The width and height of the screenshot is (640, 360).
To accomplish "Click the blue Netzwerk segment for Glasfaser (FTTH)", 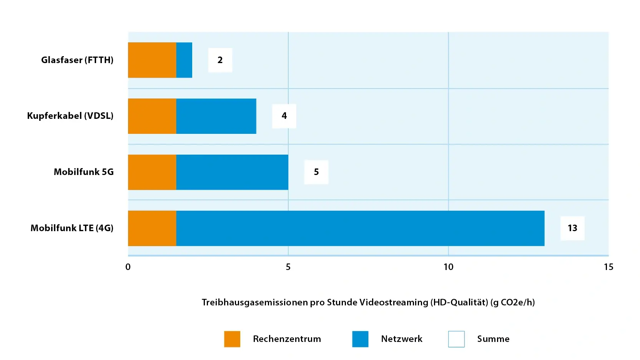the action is (184, 60).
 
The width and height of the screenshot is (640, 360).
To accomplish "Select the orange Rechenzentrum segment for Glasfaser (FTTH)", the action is (152, 60).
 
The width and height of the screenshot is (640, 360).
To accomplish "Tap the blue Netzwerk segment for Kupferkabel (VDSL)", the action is (216, 116).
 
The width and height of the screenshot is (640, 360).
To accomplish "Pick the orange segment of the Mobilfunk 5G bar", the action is (152, 172).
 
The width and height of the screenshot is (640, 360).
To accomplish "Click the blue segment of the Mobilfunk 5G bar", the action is (232, 172).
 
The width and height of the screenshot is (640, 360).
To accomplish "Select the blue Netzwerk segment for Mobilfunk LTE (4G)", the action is (360, 228).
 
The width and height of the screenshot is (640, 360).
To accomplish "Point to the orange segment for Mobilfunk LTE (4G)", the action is (152, 228).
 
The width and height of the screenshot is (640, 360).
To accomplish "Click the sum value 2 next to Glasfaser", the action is (220, 60).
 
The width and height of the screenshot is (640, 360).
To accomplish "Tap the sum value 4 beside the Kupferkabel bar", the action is (284, 116).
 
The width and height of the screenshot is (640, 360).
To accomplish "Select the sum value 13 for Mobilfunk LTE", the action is (572, 228).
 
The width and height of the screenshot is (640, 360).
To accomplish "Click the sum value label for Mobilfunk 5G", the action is (316, 172).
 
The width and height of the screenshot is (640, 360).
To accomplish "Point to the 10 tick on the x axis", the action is (448, 267).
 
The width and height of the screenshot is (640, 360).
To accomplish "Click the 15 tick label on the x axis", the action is (608, 267).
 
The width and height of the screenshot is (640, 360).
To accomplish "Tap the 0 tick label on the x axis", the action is (128, 267).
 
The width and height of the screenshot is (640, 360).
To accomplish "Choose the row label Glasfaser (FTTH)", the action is (77, 60).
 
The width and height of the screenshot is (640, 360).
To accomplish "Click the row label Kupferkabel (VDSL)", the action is (70, 116).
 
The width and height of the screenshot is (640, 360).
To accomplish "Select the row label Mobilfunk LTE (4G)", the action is (72, 228).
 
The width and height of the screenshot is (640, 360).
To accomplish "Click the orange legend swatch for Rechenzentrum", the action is (232, 339).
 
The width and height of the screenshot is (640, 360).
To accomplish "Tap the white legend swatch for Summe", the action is (456, 339).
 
